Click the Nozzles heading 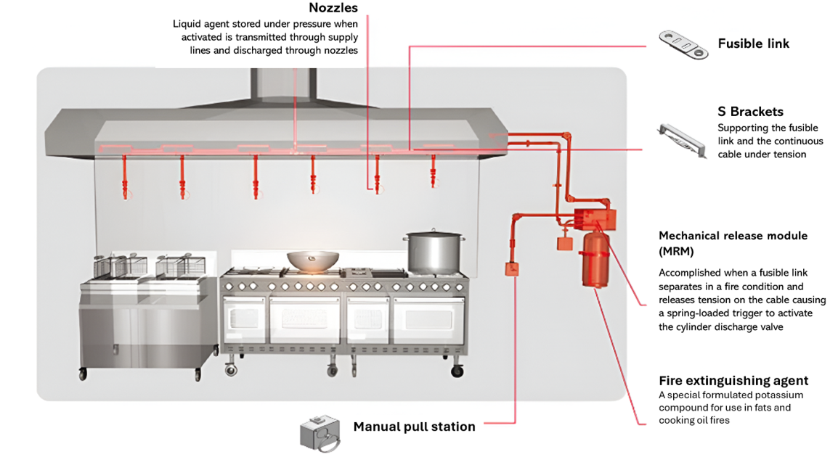[x=333, y=8]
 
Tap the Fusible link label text [x=753, y=44]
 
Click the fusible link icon [x=683, y=45]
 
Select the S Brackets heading [x=750, y=112]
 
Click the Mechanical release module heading [x=733, y=236]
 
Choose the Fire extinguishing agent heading [x=733, y=381]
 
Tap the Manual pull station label [x=414, y=427]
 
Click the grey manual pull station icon [x=320, y=433]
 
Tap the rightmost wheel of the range [x=457, y=371]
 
